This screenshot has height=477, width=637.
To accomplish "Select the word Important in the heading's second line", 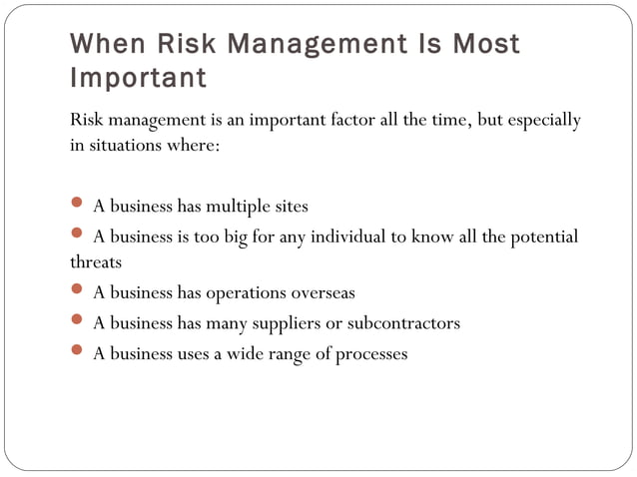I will [139, 77].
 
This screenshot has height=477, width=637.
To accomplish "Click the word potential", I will [544, 237].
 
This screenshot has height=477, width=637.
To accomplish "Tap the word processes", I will [372, 354].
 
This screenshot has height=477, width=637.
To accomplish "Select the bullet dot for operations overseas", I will [78, 292].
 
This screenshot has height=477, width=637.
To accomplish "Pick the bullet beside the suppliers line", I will [78, 322].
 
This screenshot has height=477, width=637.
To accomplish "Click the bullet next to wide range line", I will [78, 352].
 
